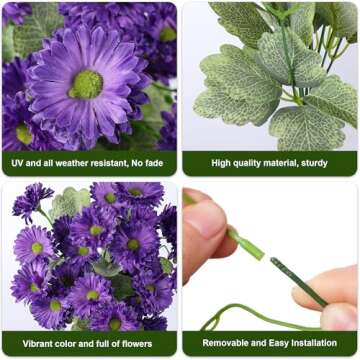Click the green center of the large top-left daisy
point(88,82)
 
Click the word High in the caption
point(222,162)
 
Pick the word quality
point(251,162)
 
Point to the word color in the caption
point(70,343)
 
